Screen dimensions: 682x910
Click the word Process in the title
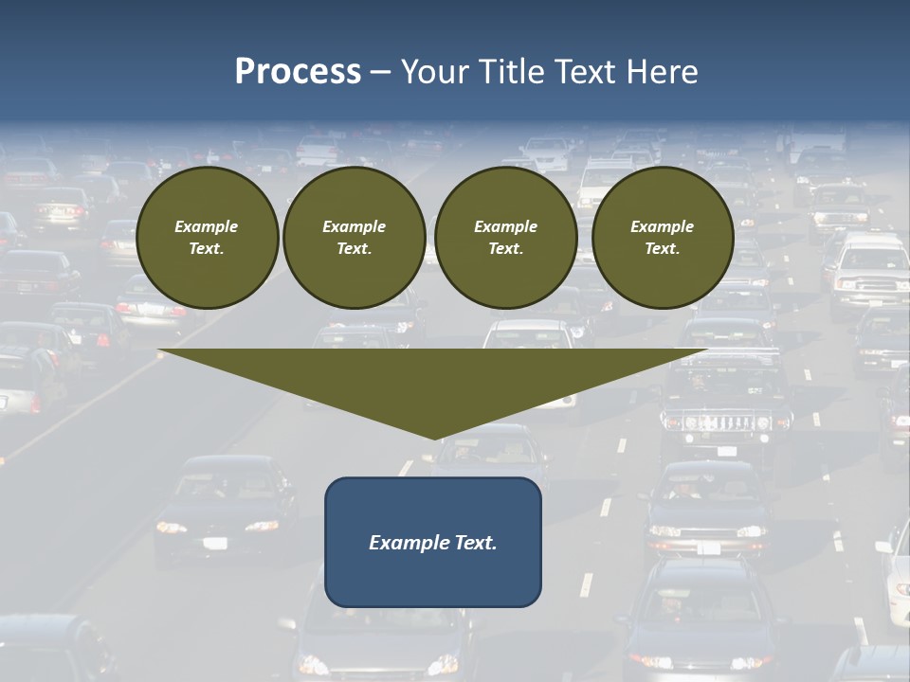click(x=298, y=72)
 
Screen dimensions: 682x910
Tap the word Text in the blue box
click(x=474, y=543)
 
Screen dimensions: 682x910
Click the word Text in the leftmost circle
click(x=207, y=249)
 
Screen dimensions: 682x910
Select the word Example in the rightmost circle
click(x=662, y=226)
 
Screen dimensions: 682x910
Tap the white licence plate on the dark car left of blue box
click(x=215, y=543)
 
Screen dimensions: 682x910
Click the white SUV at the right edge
click(x=870, y=275)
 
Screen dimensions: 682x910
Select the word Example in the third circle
click(x=505, y=226)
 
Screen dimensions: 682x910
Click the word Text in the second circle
click(x=354, y=249)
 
